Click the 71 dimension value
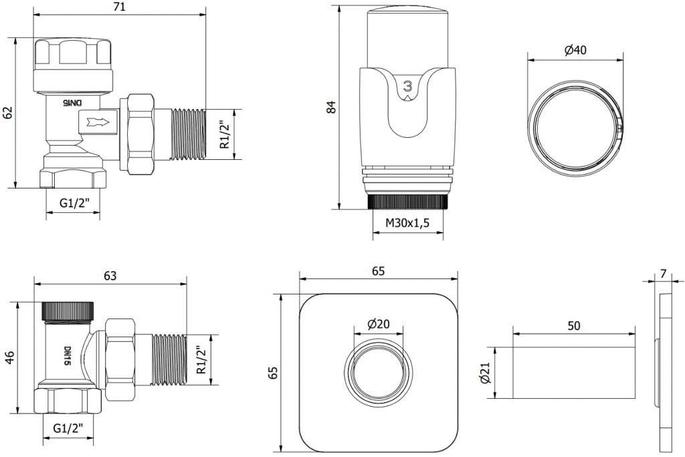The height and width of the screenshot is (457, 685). click(119, 7)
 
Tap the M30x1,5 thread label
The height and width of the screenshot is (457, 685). click(407, 223)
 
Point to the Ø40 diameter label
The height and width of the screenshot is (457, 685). click(575, 50)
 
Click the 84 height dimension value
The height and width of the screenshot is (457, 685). click(332, 107)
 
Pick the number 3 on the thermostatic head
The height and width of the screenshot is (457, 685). click(408, 86)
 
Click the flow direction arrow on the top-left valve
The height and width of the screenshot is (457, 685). click(99, 122)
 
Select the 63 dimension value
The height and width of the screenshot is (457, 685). click(110, 276)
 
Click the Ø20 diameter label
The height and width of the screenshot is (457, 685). click(379, 324)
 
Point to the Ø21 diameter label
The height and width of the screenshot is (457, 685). click(485, 373)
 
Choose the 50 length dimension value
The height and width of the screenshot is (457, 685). click(573, 326)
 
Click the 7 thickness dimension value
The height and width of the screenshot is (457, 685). click(664, 274)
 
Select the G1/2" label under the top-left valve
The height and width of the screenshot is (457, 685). click(74, 203)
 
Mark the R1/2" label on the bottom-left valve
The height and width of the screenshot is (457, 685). click(201, 360)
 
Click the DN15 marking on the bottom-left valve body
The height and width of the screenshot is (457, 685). click(68, 356)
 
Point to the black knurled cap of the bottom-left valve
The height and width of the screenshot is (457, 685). click(68, 310)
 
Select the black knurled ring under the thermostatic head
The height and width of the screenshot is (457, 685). click(408, 202)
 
